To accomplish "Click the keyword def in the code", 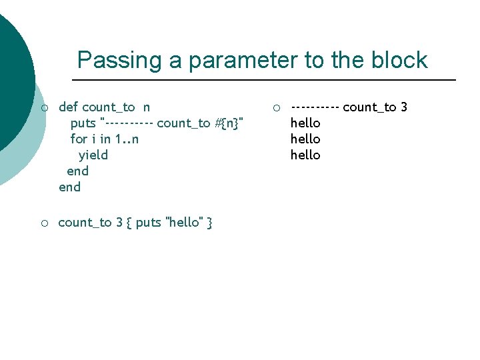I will pos(69,107).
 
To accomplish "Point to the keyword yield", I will pos(93,155).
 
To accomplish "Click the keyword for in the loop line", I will pos(79,139).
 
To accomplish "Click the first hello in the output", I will pos(305,123).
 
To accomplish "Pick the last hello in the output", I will pos(305,155).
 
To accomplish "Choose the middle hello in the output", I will pos(305,139).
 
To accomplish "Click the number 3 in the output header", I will pos(404,107).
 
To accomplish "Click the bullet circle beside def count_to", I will pos(44,107).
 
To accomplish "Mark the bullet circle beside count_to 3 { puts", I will pos(44,223).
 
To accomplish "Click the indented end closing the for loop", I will pos(77,171).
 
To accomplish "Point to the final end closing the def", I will pos(69,187).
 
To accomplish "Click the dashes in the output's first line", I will pos(315,107).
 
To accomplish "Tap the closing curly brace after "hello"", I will pos(209,223).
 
